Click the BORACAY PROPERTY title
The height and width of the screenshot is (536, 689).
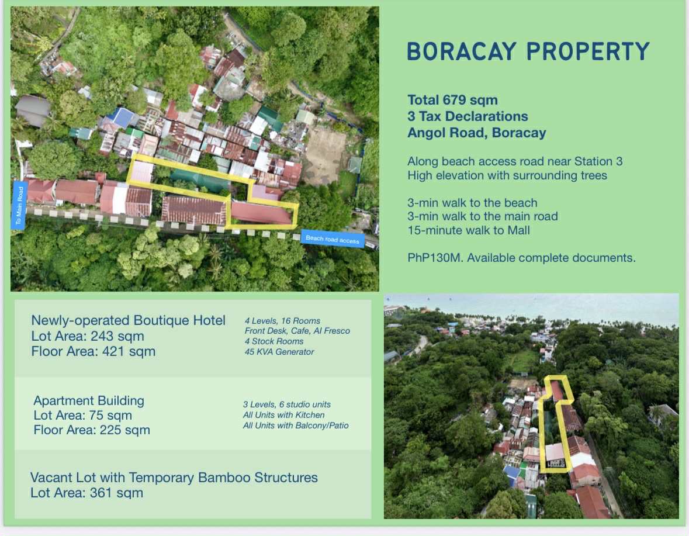528,51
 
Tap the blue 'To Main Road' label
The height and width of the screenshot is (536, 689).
19,205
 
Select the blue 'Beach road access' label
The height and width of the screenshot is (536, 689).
333,238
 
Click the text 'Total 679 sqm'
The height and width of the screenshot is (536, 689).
452,100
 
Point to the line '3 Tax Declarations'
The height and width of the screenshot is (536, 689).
468,116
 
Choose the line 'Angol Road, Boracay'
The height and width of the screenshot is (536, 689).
477,133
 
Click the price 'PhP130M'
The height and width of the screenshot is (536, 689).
434,257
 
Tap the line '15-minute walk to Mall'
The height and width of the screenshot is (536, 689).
469,230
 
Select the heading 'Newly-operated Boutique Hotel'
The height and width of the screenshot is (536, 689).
129,321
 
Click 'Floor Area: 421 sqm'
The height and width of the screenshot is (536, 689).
93,351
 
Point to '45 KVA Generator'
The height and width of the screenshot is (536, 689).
279,352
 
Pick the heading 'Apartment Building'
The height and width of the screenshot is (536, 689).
89,400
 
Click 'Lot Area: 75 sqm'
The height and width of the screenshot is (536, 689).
82,415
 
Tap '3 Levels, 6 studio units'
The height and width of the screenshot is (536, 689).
287,404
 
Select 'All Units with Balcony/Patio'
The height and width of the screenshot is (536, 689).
296,426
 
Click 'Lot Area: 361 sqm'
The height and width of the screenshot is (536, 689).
86,493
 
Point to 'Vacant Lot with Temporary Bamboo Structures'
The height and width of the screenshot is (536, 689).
174,478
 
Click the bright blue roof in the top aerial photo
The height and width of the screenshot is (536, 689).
121,117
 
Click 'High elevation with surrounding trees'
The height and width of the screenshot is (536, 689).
507,176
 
